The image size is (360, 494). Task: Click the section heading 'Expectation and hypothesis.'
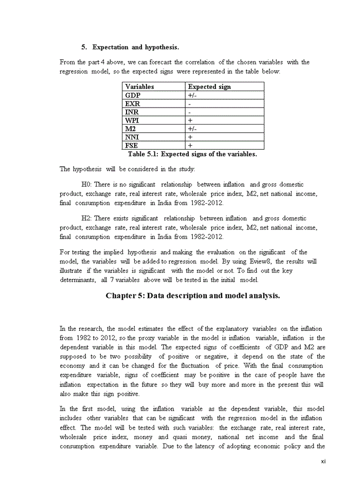[135, 47]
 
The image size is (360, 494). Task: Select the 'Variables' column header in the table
[139, 87]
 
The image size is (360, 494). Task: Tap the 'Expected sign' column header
[209, 87]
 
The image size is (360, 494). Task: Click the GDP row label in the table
[133, 96]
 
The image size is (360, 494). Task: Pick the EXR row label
[133, 104]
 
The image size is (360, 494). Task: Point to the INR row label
[132, 112]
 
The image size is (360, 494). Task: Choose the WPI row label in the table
[132, 120]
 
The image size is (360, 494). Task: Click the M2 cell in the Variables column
[130, 129]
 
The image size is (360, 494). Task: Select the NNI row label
[132, 137]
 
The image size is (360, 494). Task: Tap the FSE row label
[132, 146]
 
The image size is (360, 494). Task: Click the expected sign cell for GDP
[192, 96]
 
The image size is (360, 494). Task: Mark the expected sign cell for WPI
[190, 120]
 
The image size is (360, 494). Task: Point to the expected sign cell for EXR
[189, 104]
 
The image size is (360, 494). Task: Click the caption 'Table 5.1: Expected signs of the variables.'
[192, 154]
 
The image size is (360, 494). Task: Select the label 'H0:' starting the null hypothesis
[87, 184]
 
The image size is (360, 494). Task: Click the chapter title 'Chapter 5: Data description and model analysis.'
[193, 296]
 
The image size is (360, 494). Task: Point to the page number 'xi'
[323, 461]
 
